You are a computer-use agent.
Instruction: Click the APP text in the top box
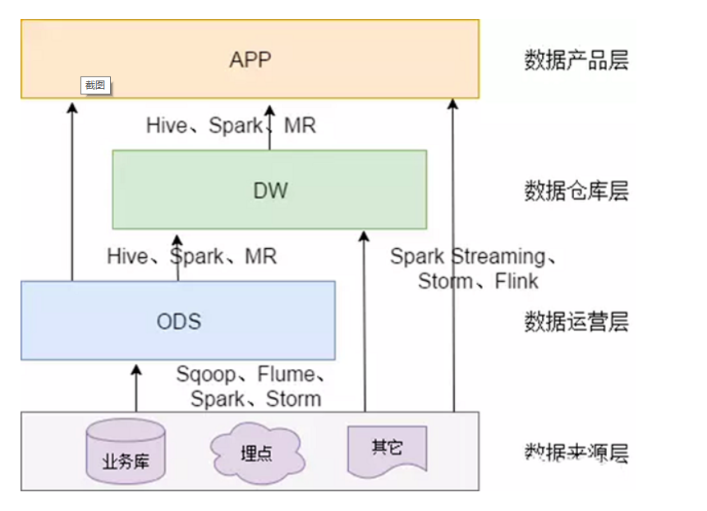coord(250,60)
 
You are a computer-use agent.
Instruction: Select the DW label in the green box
coord(269,191)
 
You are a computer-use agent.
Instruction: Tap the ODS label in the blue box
coord(178,320)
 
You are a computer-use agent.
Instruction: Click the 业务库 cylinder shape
coord(126,452)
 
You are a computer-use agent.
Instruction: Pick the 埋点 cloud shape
coord(257,453)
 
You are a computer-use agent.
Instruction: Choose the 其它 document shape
coord(387,449)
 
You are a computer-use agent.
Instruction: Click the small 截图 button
coord(95,85)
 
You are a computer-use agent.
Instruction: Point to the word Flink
coord(516,281)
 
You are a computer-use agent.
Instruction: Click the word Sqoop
coord(205,375)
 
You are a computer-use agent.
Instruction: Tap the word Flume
coord(286,375)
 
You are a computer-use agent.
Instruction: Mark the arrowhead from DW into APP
coord(269,108)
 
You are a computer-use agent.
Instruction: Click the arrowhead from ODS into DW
coord(176,239)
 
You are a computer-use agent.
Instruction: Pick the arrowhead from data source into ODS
coord(136,370)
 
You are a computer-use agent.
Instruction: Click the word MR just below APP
coord(300,126)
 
